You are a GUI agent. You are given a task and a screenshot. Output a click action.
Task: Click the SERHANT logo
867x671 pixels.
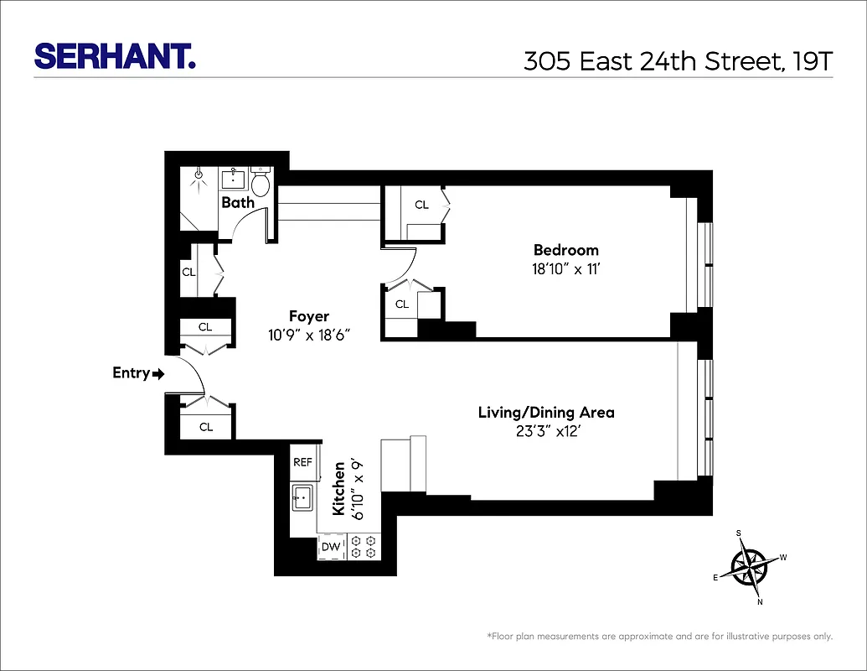coord(114,56)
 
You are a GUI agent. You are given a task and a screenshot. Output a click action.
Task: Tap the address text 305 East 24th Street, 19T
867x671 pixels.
coord(679,60)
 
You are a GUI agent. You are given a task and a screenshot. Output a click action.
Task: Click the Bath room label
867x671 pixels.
coord(238,202)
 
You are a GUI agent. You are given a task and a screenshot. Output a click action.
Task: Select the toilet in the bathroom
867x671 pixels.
coord(261,182)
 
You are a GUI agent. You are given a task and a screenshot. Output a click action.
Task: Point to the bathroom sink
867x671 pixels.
coord(233,179)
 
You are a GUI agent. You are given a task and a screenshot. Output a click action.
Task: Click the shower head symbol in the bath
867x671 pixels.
coord(199,176)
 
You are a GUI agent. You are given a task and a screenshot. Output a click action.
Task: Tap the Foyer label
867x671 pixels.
coord(309,316)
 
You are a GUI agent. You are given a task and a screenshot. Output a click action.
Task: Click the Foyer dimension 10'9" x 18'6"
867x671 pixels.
coord(308,334)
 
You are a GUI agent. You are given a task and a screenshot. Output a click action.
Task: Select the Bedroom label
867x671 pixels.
coord(566,250)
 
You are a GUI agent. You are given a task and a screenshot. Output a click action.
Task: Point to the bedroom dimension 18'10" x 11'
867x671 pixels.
coord(566,268)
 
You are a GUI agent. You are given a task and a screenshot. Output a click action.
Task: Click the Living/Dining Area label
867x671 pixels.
coord(546,413)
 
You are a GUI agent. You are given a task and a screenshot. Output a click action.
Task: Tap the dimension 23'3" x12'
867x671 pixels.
coord(546,432)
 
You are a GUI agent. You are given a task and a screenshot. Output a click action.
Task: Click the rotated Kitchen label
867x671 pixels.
coord(339,488)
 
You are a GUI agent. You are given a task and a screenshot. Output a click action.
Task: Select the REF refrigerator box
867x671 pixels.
coord(302,462)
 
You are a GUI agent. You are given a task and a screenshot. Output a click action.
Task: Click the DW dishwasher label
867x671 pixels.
coord(331,548)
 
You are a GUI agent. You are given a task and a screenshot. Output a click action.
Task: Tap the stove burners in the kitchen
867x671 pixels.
coord(364,548)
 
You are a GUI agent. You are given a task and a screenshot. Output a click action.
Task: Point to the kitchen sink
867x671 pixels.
coord(302,497)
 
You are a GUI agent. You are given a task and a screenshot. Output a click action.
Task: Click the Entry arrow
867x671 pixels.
coord(158,374)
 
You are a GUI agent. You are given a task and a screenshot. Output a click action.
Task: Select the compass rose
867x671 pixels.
coord(748,566)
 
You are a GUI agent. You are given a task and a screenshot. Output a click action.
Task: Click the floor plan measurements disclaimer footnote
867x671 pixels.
coord(659,637)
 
